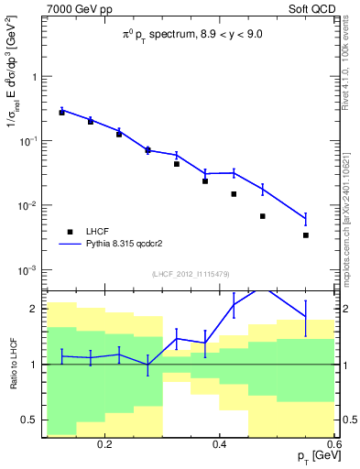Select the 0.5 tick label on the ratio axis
[x=32, y=420]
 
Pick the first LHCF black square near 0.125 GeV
[x=61, y=112]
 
